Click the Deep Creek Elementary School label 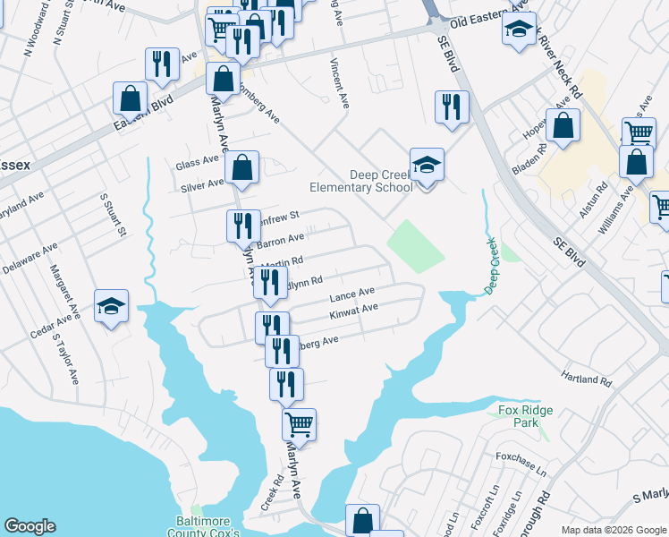[360, 181]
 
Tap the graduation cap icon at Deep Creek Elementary [428, 165]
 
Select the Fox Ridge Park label [525, 416]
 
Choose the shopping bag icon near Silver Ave [242, 167]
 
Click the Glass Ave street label [198, 162]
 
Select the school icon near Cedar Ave [112, 306]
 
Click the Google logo [30, 526]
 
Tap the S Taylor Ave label [66, 358]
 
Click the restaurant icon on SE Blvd [452, 107]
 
